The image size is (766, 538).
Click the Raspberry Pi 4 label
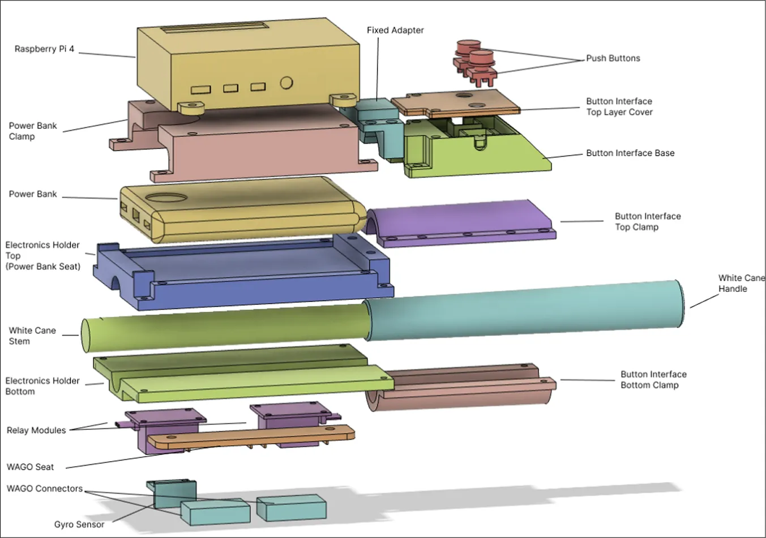click(44, 49)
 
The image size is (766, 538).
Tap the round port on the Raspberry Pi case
click(286, 83)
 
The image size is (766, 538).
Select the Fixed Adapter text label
click(395, 31)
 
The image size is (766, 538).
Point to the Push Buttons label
click(613, 58)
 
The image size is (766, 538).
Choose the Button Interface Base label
click(630, 153)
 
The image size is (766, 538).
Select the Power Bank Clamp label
click(32, 131)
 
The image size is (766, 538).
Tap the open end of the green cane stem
click(87, 335)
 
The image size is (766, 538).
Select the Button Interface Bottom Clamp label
click(653, 380)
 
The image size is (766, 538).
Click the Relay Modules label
click(36, 431)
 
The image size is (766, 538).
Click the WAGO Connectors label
click(44, 489)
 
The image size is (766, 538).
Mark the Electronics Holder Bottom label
click(42, 386)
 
